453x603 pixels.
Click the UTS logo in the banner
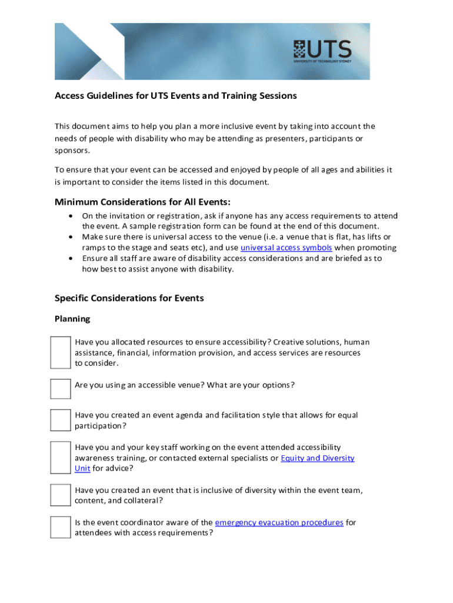[x=322, y=51]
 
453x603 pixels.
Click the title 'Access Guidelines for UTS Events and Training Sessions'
[x=175, y=95]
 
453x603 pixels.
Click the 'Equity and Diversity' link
[x=318, y=458]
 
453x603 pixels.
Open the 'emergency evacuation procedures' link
[x=279, y=522]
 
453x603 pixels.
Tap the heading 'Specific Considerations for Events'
[x=129, y=298]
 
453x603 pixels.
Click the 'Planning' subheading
[x=72, y=319]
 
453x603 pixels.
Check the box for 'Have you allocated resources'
[x=60, y=353]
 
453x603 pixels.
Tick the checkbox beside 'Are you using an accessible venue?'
[x=60, y=389]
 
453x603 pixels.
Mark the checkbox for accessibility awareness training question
[x=60, y=458]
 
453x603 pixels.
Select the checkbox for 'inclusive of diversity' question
[x=60, y=495]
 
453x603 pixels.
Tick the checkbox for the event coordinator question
[x=60, y=527]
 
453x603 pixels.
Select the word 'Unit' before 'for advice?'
[x=82, y=469]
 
